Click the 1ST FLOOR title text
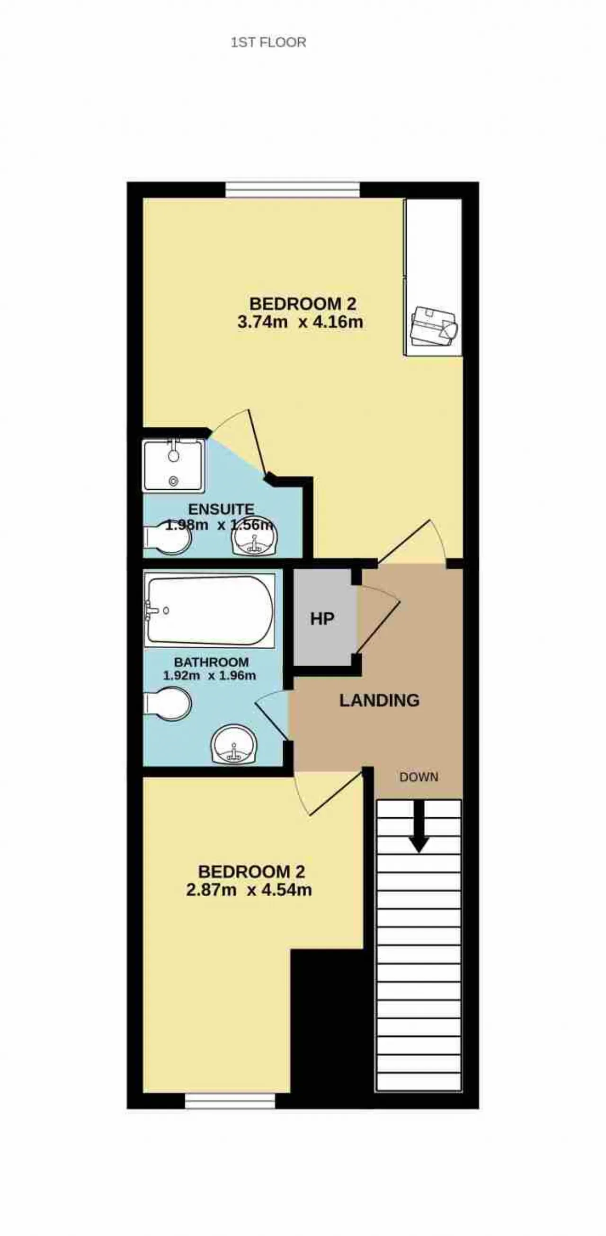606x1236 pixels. point(268,42)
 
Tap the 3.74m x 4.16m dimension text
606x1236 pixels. point(300,321)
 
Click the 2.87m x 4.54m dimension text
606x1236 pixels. point(249,890)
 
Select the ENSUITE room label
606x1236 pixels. point(221,509)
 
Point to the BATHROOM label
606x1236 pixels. point(211,662)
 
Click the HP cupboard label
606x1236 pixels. point(322,619)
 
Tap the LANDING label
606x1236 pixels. point(379,700)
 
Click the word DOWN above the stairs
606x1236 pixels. point(419,777)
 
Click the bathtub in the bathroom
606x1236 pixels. point(210,610)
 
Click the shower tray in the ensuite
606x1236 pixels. point(174,466)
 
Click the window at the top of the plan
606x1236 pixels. point(293,190)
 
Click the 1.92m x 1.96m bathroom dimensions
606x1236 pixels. point(209,676)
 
